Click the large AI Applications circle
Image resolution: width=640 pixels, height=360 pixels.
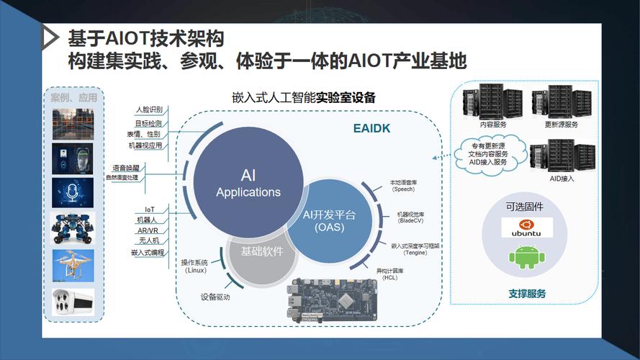coord(248,184)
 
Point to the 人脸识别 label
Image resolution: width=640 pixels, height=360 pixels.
coord(148,110)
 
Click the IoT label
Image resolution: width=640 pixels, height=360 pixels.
coord(150,210)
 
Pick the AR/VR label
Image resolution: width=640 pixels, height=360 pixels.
coord(148,230)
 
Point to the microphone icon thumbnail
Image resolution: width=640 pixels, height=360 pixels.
coord(73,193)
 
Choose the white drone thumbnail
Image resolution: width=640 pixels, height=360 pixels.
coord(73,264)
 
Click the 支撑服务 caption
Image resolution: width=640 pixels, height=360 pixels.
coord(527,294)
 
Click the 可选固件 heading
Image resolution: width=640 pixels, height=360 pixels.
coord(524,207)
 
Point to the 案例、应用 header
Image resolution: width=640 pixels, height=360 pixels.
coord(73,97)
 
